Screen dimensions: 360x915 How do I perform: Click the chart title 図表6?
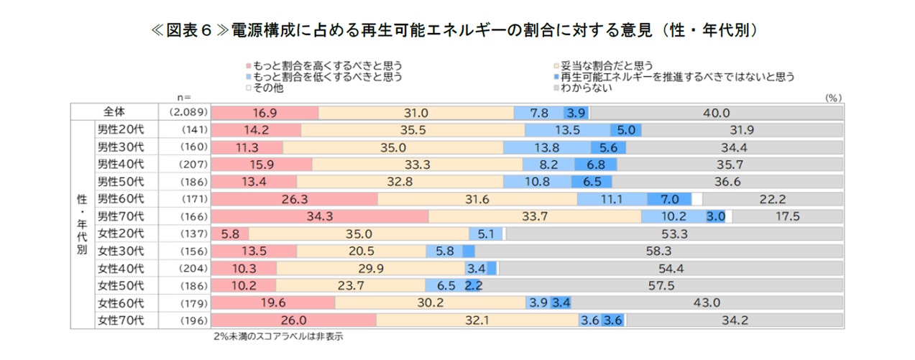tap(457, 31)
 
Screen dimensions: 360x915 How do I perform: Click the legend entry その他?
tap(267, 88)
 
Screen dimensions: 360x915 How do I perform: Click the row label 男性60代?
tap(121, 199)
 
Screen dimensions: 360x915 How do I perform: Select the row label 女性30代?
tap(121, 251)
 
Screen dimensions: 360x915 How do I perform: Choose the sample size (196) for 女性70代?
tap(185, 320)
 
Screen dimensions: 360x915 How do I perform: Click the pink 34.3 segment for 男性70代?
tap(321, 216)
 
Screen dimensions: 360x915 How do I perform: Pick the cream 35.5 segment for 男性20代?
tap(413, 130)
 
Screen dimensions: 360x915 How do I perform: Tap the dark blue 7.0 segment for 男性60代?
tap(669, 199)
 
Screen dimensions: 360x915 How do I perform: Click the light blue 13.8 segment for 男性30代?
tap(538, 147)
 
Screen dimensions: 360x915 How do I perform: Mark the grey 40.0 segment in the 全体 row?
tap(717, 113)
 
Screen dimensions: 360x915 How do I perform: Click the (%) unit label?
tap(833, 96)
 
